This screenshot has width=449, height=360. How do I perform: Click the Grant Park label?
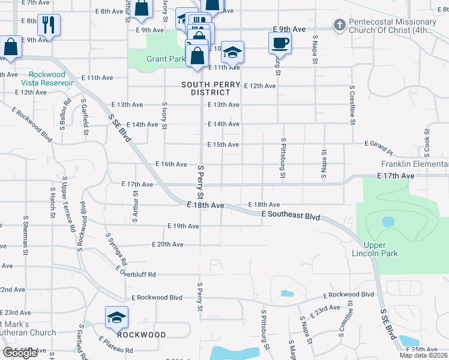tap(165, 59)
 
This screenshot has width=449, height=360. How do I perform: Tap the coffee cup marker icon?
tap(280, 43)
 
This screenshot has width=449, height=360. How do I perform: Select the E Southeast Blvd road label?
tap(291, 215)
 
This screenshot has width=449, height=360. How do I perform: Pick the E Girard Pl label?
tap(379, 144)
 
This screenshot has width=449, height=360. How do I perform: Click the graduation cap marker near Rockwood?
tap(117, 317)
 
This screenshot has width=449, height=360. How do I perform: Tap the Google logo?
tap(20, 353)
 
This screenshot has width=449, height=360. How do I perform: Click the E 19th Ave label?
tap(183, 226)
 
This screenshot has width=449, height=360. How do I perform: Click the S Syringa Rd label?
tap(116, 250)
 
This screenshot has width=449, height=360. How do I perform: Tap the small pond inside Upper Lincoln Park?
tap(388, 221)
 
